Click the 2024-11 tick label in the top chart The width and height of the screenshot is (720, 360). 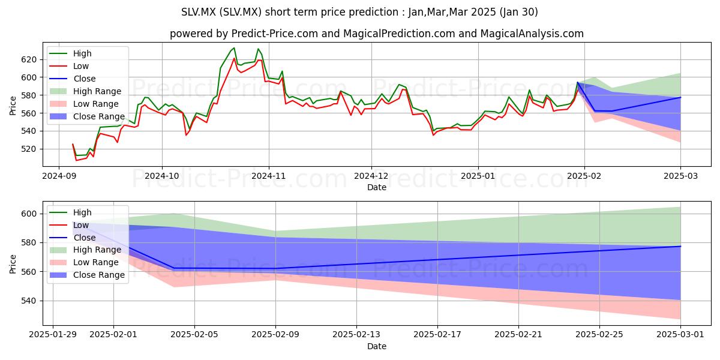tap(269, 176)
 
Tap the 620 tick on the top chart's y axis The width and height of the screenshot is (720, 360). tap(29, 60)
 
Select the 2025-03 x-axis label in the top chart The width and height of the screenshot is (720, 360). tap(681, 176)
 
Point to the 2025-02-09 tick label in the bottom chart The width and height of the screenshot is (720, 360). tap(275, 335)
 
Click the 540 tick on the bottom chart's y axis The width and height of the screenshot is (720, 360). tap(29, 301)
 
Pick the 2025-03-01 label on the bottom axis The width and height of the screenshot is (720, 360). tap(680, 335)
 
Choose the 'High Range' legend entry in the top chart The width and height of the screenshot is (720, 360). tap(85, 91)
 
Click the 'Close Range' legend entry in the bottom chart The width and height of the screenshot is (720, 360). tap(87, 275)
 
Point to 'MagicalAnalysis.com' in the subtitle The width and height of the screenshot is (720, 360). tap(532, 34)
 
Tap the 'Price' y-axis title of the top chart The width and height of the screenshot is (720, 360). tap(13, 106)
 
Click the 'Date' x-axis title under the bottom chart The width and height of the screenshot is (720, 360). tap(377, 346)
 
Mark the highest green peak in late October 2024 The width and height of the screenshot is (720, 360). tap(234, 48)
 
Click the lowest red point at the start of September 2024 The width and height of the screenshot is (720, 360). tap(76, 160)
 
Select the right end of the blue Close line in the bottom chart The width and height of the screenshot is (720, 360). tap(680, 246)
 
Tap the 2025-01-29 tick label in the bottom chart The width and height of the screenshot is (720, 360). tap(53, 335)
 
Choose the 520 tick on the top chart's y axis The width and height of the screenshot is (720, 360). tap(29, 149)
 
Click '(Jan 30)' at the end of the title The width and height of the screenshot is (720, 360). tap(519, 12)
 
